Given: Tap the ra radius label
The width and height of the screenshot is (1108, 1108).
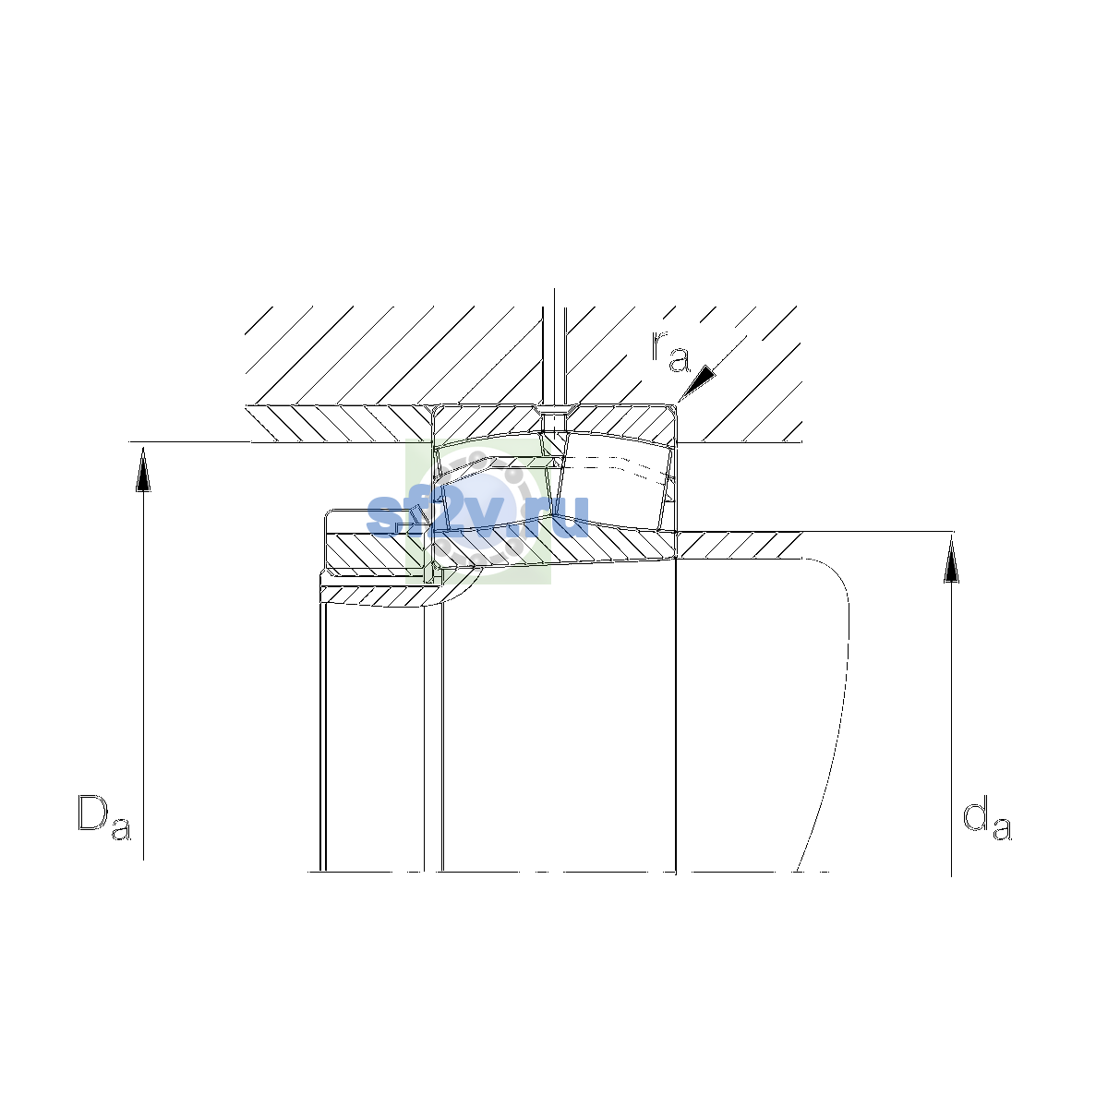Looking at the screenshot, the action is pos(670,352).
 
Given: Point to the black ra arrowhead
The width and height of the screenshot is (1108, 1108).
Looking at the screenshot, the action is pos(699,381).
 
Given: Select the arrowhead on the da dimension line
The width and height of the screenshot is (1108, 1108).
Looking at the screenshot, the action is pos(952,560).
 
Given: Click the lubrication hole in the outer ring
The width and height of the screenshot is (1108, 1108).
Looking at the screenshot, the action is pos(554,421).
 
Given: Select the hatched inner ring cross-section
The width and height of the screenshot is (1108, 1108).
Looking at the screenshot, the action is pos(552,547).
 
